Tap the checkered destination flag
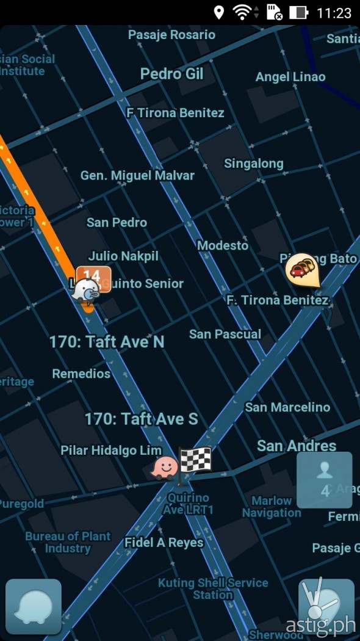click(x=195, y=459)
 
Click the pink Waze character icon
click(x=165, y=468)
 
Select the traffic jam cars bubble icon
click(x=303, y=269)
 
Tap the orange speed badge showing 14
click(x=94, y=275)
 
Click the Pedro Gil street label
click(x=171, y=74)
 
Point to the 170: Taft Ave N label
click(x=107, y=341)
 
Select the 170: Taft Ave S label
click(x=141, y=419)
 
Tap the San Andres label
click(x=297, y=446)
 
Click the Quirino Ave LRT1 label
click(x=189, y=504)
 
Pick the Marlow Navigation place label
click(x=272, y=507)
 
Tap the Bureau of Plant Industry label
click(x=68, y=542)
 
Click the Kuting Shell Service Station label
click(x=213, y=588)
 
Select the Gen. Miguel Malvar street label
click(x=137, y=175)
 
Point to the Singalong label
click(x=253, y=163)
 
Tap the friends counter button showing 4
click(x=325, y=480)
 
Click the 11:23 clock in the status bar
click(x=334, y=13)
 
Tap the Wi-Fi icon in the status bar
click(x=242, y=12)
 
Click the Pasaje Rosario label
click(x=171, y=35)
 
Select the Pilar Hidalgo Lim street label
click(x=111, y=450)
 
